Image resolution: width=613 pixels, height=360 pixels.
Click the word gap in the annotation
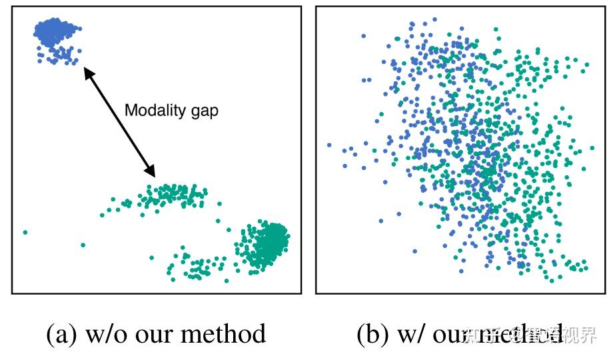click(x=203, y=111)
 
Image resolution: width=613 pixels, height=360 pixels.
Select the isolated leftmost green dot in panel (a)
click(x=25, y=232)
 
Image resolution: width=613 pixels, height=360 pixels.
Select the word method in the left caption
click(x=229, y=334)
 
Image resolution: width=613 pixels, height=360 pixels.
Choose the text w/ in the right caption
click(x=411, y=334)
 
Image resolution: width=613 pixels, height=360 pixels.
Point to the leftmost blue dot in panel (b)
click(x=329, y=145)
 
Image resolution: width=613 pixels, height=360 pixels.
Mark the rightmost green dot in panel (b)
click(x=592, y=149)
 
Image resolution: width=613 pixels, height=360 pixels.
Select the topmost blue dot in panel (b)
click(x=435, y=20)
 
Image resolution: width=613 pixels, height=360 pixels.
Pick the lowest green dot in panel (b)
click(x=552, y=280)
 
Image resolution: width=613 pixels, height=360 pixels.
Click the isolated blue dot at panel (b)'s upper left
click(x=364, y=36)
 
